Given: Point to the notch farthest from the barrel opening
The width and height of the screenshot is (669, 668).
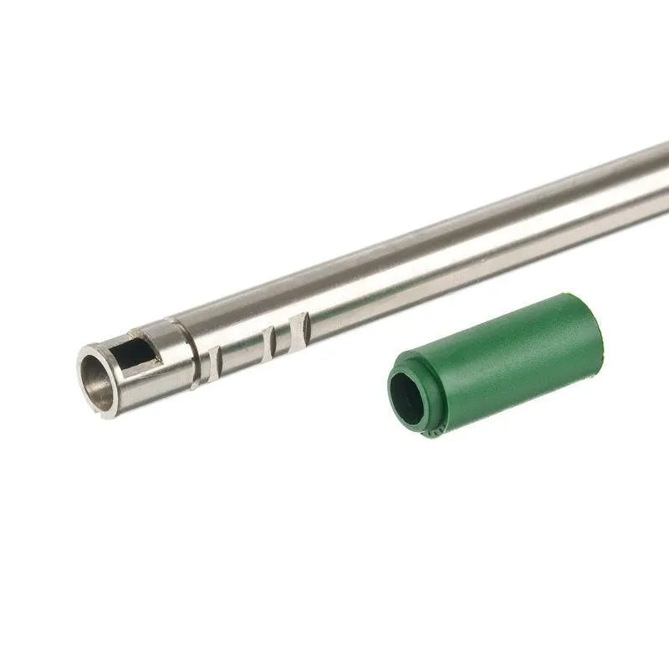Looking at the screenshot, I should [x=304, y=327].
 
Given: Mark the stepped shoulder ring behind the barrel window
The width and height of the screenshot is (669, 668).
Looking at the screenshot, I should [x=181, y=352].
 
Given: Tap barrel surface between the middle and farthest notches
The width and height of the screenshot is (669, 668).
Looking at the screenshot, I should [x=287, y=335].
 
